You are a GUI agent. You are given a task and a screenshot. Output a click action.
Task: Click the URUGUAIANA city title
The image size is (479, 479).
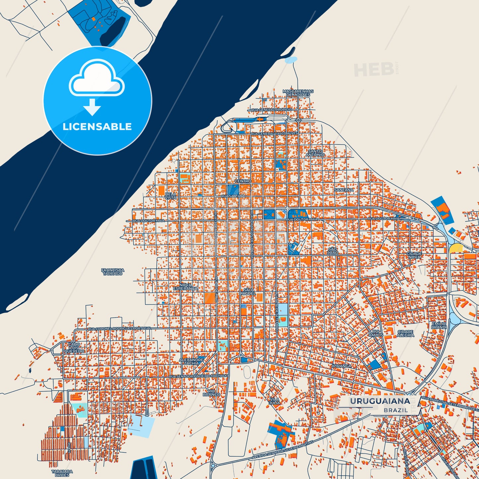(x=380, y=401)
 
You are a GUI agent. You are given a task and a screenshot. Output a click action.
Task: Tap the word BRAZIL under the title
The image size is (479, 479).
(x=396, y=410)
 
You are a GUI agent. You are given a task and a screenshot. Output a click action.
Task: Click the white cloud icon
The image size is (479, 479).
(x=96, y=79)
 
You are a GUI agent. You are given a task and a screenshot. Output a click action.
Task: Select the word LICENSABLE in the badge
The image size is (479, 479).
(x=97, y=127)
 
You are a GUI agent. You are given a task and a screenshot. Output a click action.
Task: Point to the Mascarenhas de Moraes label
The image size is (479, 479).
(x=298, y=93)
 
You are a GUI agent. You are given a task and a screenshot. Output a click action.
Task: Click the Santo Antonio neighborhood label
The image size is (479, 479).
(x=315, y=153)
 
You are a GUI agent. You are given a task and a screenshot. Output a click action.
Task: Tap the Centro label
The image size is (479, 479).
(x=243, y=181)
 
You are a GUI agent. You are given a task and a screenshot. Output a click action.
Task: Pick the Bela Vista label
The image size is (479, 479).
(x=171, y=196)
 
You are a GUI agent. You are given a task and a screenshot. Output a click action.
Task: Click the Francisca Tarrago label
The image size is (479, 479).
(x=113, y=272)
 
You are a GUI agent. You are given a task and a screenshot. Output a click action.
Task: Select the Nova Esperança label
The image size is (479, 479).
(x=185, y=287)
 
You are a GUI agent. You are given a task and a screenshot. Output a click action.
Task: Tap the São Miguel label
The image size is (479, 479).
(x=248, y=292)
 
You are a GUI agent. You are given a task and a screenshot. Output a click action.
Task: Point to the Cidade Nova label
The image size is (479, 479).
(x=414, y=255)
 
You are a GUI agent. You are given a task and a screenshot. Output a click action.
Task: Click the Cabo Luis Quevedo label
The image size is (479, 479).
(x=74, y=348)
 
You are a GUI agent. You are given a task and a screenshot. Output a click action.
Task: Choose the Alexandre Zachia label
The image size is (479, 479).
(x=191, y=361)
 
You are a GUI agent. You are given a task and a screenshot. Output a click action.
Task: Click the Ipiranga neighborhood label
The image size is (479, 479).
(x=341, y=366)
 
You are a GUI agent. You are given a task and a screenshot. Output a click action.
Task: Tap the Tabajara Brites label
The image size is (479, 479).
(x=62, y=473)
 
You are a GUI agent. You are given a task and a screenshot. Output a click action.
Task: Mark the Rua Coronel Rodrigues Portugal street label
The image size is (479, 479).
(x=119, y=329)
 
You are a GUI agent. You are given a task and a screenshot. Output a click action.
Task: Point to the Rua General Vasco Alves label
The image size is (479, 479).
(x=274, y=133)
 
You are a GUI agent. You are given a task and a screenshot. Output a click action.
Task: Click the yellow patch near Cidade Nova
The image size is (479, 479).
(x=456, y=248)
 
